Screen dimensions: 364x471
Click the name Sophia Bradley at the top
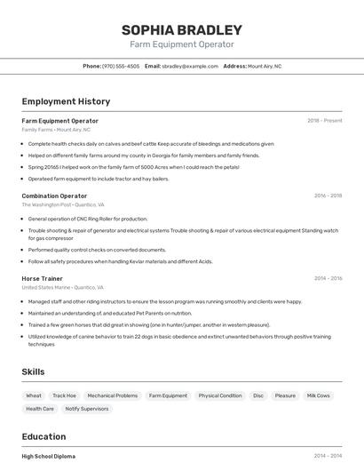point(182,30)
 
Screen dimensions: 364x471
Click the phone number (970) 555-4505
point(121,66)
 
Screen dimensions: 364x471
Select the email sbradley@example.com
point(189,66)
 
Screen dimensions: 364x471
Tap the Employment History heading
point(66,101)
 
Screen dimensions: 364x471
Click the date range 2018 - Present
point(325,120)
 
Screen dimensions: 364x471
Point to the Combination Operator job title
point(54,196)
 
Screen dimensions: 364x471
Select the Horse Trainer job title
point(43,278)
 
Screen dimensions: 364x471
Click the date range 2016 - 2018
point(328,196)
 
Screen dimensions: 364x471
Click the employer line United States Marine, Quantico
point(62,288)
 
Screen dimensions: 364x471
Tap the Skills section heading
point(34,371)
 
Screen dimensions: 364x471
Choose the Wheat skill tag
point(34,395)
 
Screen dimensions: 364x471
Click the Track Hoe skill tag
point(64,395)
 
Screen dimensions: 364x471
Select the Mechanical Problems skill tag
point(112,395)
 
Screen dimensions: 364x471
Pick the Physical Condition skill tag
point(219,395)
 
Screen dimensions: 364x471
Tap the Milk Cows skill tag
point(318,395)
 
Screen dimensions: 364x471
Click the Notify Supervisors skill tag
point(87,409)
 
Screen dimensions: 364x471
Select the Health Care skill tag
point(40,409)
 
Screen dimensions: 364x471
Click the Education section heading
point(44,436)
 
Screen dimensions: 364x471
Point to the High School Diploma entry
point(49,456)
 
